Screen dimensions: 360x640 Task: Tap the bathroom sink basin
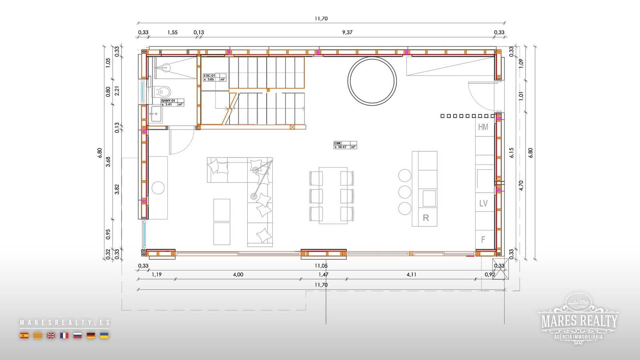[x=156, y=114]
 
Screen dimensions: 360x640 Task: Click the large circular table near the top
[x=372, y=81]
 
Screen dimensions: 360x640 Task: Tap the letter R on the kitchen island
[x=426, y=218]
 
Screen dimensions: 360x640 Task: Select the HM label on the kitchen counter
[x=483, y=127]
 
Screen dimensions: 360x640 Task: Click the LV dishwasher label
[x=483, y=203]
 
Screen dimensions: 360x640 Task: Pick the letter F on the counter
[x=483, y=240]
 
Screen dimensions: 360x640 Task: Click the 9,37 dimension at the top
[x=347, y=32]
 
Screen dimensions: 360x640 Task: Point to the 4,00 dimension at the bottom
[x=238, y=274]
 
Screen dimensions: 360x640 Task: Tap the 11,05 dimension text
[x=321, y=266]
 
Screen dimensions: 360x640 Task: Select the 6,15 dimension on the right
[x=512, y=152]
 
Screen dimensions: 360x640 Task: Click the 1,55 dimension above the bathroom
[x=172, y=32]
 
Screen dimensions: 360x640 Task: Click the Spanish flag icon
[x=24, y=336]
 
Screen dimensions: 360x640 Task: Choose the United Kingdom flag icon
[x=51, y=336]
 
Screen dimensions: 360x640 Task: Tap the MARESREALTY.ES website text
[x=64, y=322]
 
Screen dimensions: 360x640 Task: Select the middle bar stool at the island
[x=405, y=192]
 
